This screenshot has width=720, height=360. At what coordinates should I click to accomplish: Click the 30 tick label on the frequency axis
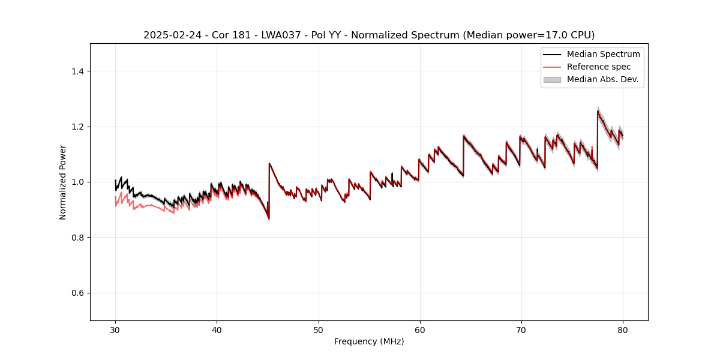pyautogui.click(x=115, y=330)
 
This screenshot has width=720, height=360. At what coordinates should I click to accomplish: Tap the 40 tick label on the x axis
pyautogui.click(x=217, y=330)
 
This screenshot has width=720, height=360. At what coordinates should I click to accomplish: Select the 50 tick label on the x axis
pyautogui.click(x=319, y=330)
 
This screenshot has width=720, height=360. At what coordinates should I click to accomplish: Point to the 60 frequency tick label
pyautogui.click(x=420, y=330)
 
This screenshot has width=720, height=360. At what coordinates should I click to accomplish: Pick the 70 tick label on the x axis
pyautogui.click(x=521, y=330)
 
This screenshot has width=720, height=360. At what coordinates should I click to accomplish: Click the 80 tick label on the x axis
pyautogui.click(x=623, y=330)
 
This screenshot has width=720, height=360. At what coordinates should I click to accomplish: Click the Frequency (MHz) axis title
pyautogui.click(x=369, y=342)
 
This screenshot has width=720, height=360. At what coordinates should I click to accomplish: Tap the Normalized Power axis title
pyautogui.click(x=63, y=182)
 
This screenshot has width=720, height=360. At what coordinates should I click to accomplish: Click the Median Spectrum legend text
pyautogui.click(x=603, y=54)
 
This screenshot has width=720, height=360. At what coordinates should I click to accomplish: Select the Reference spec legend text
pyautogui.click(x=599, y=67)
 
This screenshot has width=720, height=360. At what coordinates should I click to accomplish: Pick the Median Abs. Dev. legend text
pyautogui.click(x=603, y=79)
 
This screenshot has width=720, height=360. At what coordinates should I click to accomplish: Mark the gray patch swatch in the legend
pyautogui.click(x=551, y=79)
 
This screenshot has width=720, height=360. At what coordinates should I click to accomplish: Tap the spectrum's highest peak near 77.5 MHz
pyautogui.click(x=598, y=110)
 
